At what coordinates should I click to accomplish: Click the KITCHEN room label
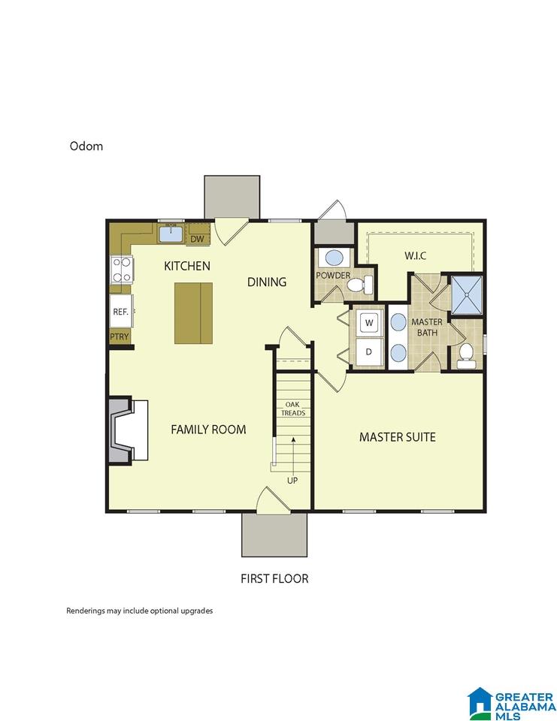pyautogui.click(x=187, y=266)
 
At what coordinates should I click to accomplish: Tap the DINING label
pyautogui.click(x=267, y=282)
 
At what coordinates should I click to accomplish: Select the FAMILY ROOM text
pyautogui.click(x=208, y=430)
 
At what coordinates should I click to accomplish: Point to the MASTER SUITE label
pyautogui.click(x=397, y=437)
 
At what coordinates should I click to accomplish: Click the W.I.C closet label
pyautogui.click(x=415, y=255)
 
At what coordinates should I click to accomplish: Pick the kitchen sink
pyautogui.click(x=171, y=234)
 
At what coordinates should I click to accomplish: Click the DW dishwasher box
pyautogui.click(x=197, y=239)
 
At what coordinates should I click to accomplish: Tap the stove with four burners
pyautogui.click(x=122, y=270)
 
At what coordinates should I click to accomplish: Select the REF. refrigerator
pyautogui.click(x=121, y=311)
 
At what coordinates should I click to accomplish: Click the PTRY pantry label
pyautogui.click(x=120, y=336)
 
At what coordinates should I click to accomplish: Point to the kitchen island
pyautogui.click(x=193, y=313)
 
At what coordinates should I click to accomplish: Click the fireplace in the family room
pyautogui.click(x=128, y=430)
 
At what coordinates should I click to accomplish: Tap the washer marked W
pyautogui.click(x=369, y=323)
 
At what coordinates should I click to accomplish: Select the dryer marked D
pyautogui.click(x=369, y=351)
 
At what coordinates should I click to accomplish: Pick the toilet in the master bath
pyautogui.click(x=466, y=356)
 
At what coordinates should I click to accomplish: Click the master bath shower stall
pyautogui.click(x=467, y=294)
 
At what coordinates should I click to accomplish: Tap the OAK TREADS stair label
pyautogui.click(x=292, y=409)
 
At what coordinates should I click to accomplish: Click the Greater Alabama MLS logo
pyautogui.click(x=511, y=704)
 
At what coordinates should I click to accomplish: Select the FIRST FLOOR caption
pyautogui.click(x=274, y=578)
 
